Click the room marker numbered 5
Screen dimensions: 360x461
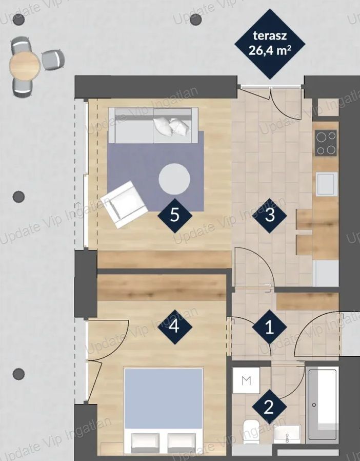pos(175,216)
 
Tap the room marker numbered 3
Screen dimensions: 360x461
pos(270,216)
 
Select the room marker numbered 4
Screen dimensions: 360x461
pos(175,326)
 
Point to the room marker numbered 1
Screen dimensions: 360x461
pos(269,326)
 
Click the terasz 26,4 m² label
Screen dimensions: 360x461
pos(270,44)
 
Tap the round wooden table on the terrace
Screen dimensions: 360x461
pos(25,65)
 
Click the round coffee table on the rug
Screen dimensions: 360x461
pos(174,179)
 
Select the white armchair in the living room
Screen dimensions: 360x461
pos(124,204)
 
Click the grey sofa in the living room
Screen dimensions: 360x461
pos(153,125)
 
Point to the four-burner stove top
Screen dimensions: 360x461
pos(326,143)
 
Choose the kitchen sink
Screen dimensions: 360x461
pos(327,184)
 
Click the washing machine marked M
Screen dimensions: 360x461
pos(246,380)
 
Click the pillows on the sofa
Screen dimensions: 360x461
pos(172,126)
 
